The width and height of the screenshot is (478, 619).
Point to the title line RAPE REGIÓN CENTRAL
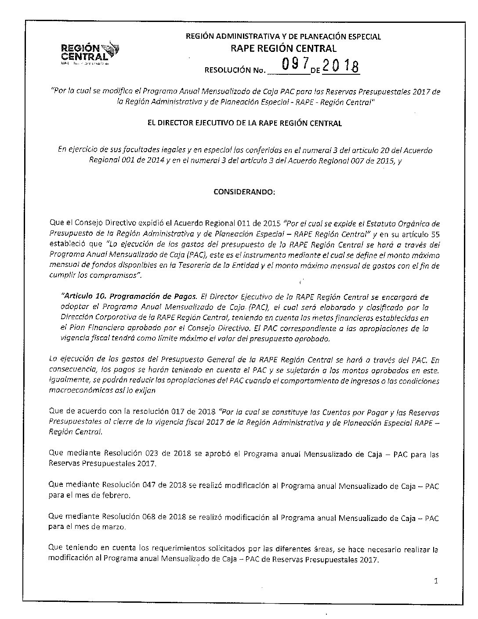(x=283, y=48)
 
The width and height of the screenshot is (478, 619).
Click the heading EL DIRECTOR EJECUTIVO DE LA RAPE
(x=245, y=124)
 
